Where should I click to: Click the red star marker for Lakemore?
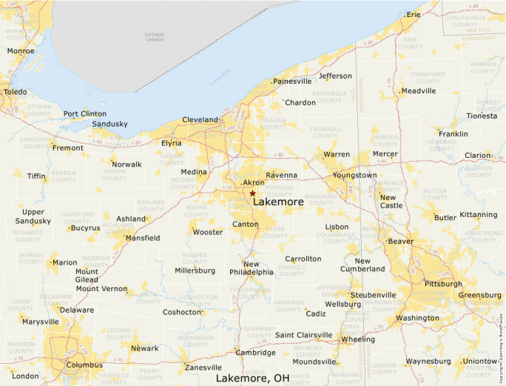[252, 193]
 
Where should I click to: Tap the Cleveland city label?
[200, 120]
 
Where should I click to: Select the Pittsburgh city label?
[443, 284]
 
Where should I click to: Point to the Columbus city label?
[84, 365]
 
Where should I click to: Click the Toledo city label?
[15, 92]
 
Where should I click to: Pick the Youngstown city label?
[354, 176]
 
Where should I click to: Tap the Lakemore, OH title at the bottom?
[252, 378]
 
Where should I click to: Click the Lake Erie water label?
[220, 80]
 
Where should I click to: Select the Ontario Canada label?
[154, 36]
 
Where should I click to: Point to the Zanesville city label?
[203, 367]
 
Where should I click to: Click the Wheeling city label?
[357, 339]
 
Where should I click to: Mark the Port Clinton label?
[84, 114]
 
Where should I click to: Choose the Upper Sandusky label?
[32, 216]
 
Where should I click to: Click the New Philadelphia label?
[252, 268]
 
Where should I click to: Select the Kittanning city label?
[478, 215]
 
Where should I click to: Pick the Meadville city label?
[418, 91]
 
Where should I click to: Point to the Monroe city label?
[20, 51]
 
